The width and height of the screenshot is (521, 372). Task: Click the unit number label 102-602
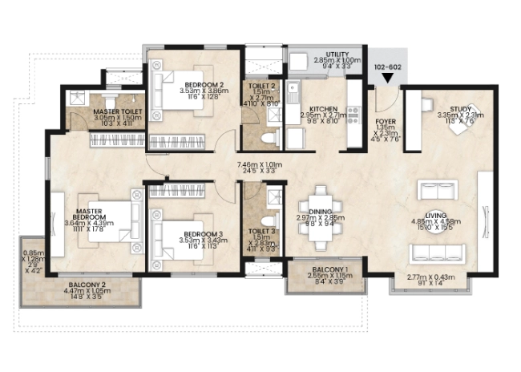point(388,67)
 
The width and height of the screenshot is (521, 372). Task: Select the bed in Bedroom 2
point(176,85)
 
